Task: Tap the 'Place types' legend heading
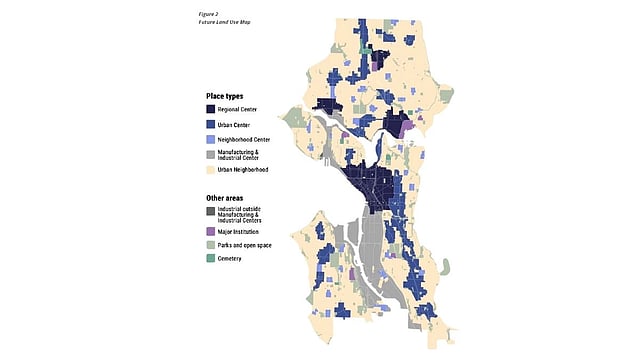tap(224, 96)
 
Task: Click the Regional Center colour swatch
tap(211, 110)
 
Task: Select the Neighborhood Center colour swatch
tap(211, 141)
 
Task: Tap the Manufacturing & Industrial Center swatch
tap(211, 155)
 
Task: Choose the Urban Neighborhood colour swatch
tap(211, 170)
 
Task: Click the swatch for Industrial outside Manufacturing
tap(211, 211)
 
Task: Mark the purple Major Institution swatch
tap(211, 230)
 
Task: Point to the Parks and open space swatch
tap(211, 245)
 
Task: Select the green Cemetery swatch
tap(211, 259)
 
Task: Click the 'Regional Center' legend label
tap(245, 110)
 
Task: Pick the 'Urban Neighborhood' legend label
tap(250, 170)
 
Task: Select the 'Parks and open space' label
tap(252, 245)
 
